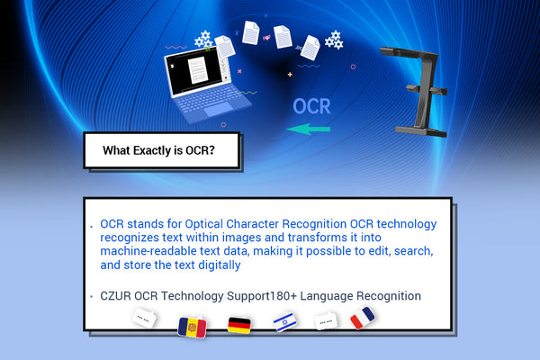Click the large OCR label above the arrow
pyautogui.click(x=311, y=106)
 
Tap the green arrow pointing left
pyautogui.click(x=308, y=130)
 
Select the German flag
pyautogui.click(x=239, y=326)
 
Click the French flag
pyautogui.click(x=364, y=318)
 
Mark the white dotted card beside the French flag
pyautogui.click(x=326, y=320)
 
